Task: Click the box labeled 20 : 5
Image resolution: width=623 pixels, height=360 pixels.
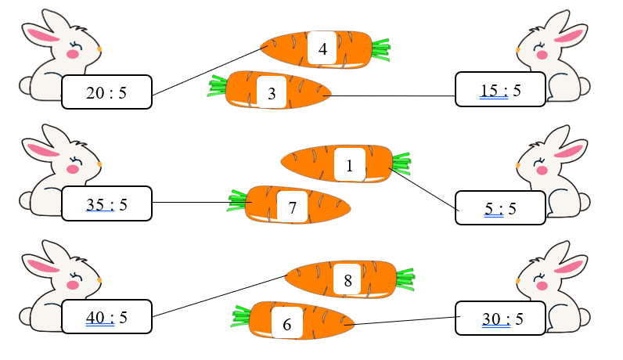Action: [x=106, y=93]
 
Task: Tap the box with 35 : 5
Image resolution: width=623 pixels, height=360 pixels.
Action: [x=106, y=205]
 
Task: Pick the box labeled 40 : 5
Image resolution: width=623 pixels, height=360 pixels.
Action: [x=106, y=318]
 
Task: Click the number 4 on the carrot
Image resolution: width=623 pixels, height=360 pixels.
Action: [x=322, y=49]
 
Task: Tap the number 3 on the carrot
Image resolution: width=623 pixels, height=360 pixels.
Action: [x=271, y=94]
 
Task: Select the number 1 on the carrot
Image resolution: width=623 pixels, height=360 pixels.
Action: [x=348, y=165]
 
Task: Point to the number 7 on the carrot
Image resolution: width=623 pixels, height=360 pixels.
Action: [x=292, y=208]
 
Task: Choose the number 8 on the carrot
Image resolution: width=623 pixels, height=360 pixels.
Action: [x=348, y=280]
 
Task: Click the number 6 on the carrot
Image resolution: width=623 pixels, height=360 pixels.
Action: [x=286, y=324]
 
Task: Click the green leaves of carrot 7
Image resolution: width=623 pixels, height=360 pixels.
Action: [x=238, y=202]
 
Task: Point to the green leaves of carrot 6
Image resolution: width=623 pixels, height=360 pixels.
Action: [x=242, y=316]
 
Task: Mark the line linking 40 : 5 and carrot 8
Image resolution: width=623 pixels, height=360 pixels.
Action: [x=219, y=296]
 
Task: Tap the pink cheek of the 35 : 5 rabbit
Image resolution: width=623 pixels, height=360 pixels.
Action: [x=73, y=168]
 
